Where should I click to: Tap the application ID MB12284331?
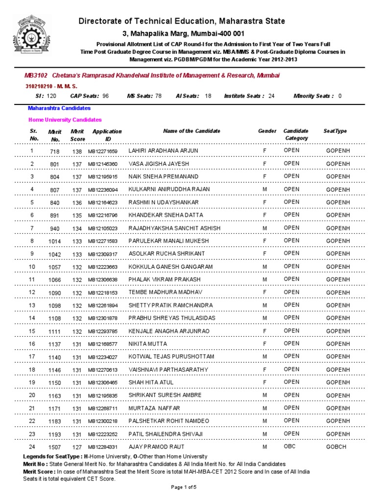[103, 448]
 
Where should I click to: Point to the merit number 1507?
[55, 448]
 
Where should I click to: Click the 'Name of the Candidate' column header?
[191, 131]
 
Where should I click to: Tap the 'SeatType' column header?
[335, 131]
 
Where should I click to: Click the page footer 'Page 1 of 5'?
[184, 487]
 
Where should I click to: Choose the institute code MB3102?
[36, 75]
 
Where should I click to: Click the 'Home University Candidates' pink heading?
[65, 119]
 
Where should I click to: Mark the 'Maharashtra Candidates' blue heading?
[59, 108]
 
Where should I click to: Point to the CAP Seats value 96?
[105, 96]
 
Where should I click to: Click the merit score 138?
[77, 151]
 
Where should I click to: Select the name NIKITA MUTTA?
[147, 344]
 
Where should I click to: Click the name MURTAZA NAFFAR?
[154, 408]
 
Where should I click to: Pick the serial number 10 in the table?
[32, 266]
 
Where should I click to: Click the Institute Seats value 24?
[271, 96]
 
